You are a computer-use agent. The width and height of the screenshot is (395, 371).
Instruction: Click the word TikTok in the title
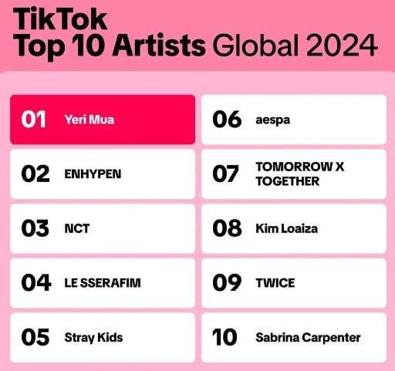[60, 19]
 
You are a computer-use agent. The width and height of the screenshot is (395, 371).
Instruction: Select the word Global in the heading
[256, 45]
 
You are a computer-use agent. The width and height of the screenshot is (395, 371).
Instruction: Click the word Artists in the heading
[159, 46]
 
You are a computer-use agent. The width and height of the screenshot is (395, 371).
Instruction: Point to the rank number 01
[34, 120]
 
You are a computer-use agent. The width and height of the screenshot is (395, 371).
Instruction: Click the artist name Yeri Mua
[89, 120]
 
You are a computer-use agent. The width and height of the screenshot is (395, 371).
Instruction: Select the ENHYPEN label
[93, 174]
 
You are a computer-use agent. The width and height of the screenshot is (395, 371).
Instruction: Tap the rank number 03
[35, 228]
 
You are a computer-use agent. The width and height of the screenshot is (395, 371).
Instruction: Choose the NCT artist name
[77, 228]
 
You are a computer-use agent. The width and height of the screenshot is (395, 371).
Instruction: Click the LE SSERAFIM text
[103, 283]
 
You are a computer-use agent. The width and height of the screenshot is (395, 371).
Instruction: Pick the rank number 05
[35, 337]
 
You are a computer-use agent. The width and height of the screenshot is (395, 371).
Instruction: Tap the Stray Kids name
[93, 338]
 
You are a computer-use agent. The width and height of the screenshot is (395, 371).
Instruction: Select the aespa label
[273, 120]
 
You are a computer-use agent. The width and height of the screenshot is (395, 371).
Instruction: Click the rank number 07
[225, 174]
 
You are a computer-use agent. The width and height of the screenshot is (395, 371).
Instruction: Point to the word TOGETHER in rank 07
[288, 181]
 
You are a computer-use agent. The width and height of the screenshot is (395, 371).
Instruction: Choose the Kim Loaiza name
[286, 228]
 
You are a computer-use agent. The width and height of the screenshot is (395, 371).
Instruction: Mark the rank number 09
[227, 282]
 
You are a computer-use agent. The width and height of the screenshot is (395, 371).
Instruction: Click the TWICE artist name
[275, 283]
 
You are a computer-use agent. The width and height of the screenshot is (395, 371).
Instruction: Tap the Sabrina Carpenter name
[308, 338]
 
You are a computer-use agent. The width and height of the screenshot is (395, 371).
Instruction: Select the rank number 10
[225, 337]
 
